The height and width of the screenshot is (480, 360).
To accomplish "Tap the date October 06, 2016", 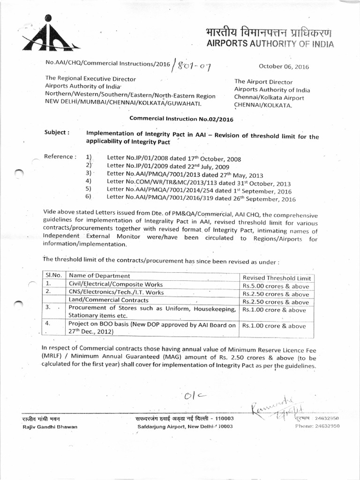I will click(x=284, y=67).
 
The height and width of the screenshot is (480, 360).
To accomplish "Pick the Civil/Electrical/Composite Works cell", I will click(x=116, y=284).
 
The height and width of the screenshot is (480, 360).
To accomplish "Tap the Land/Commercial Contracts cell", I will click(x=108, y=300).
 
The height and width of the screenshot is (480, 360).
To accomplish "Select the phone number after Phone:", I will click(x=325, y=426).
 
